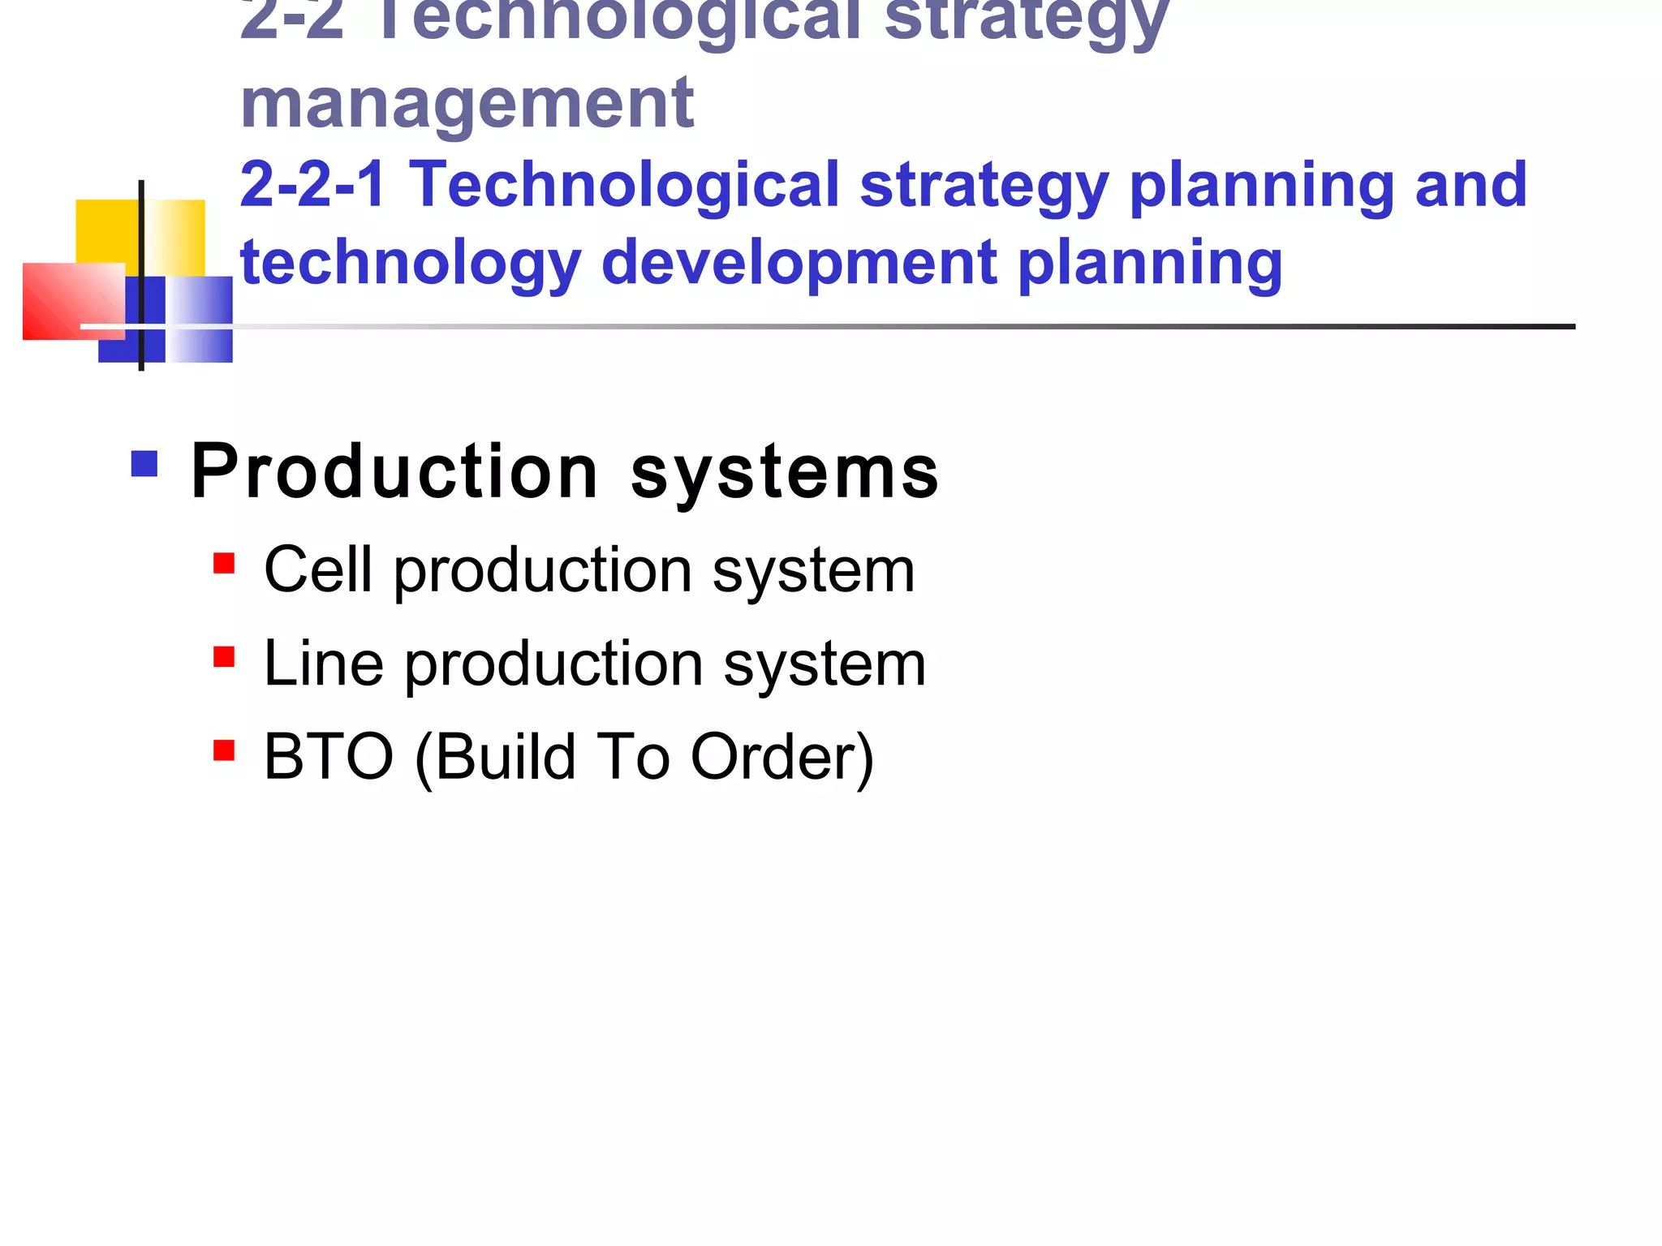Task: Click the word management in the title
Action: pos(467,104)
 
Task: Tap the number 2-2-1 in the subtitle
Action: pos(312,185)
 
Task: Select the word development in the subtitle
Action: pos(799,263)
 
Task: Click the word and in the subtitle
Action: pos(1470,185)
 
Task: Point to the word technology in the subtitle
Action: pos(411,264)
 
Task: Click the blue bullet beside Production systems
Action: pos(144,464)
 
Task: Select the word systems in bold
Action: pos(785,473)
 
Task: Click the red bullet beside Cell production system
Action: pos(224,563)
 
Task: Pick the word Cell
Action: pos(318,569)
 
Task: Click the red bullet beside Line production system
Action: pos(224,656)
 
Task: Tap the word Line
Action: pos(323,664)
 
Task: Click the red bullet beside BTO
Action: pos(224,750)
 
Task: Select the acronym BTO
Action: pos(329,757)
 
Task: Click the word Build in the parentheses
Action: pos(506,757)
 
